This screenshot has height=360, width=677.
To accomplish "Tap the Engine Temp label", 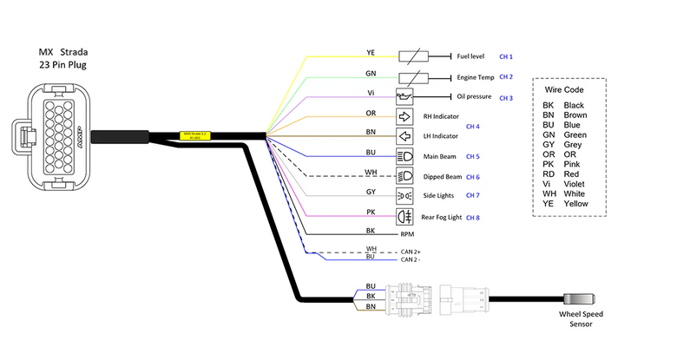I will pos(477,76).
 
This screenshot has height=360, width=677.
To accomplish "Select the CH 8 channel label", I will pos(472,217).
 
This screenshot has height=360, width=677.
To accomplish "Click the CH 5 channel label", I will pos(472,157).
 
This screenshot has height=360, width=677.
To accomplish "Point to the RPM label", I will pos(408,234).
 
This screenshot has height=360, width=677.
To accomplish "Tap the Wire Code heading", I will pos(564,89).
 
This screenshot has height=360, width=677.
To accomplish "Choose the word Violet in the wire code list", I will pos(575,184).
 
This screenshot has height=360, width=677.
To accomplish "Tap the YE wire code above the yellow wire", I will pos(371,51).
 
